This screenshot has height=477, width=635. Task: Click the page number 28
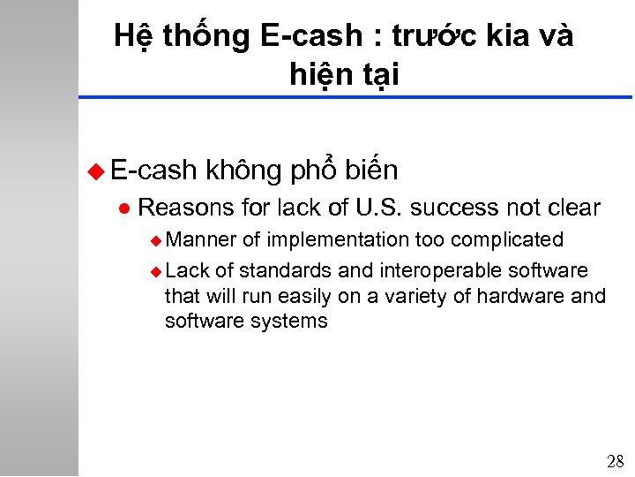[615, 461]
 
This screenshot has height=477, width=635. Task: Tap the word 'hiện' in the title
[320, 75]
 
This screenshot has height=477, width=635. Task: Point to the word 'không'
[246, 170]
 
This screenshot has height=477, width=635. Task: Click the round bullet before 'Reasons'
[123, 208]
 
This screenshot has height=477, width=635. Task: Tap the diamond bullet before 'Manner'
[156, 240]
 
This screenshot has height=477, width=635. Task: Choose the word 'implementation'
[339, 240]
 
